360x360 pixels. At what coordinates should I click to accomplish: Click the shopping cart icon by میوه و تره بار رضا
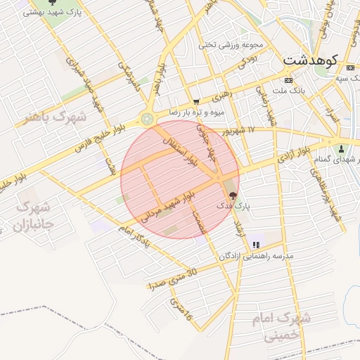(196, 102)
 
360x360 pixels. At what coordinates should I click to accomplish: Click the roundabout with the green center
(147, 119)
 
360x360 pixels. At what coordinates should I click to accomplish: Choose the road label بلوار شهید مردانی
(166, 206)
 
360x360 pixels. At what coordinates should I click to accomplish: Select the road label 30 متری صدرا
(172, 279)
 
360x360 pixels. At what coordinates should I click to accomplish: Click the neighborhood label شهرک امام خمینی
(281, 328)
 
